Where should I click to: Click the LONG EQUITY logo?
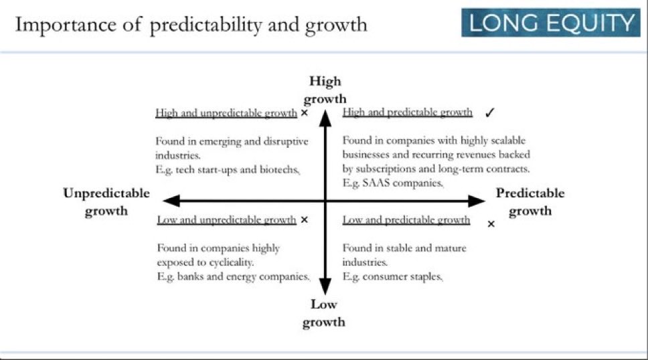click(x=550, y=22)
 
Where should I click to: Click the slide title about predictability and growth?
click(x=191, y=25)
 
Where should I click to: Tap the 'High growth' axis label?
click(x=325, y=90)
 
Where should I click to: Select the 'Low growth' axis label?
click(x=323, y=313)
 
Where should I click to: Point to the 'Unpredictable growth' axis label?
click(x=106, y=201)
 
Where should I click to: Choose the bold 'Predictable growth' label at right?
click(x=530, y=201)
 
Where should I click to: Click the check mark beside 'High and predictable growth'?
click(x=490, y=112)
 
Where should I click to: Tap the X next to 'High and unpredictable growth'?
click(x=304, y=113)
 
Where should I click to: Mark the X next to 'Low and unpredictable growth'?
click(x=304, y=220)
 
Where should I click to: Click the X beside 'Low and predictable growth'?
click(x=491, y=224)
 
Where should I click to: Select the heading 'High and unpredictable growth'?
click(x=226, y=113)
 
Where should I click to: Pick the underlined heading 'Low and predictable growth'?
click(x=406, y=220)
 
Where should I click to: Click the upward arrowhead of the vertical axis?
click(x=325, y=118)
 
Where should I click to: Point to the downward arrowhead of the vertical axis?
click(x=325, y=286)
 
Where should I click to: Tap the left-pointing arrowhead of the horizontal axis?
click(x=171, y=201)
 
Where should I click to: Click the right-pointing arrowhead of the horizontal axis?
click(x=477, y=201)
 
